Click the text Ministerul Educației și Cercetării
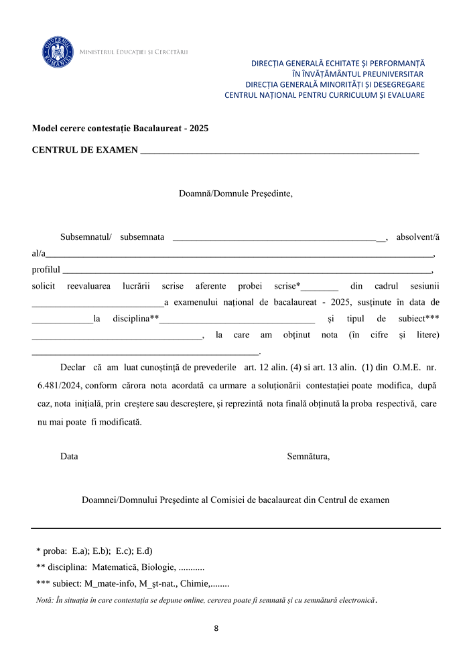click(134, 52)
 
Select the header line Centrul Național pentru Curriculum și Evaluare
click(324, 95)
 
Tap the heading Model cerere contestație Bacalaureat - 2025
click(121, 127)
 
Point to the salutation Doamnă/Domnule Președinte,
click(235, 194)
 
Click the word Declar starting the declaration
click(73, 368)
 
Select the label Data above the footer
click(69, 457)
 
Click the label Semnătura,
click(308, 457)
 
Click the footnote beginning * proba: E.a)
click(94, 551)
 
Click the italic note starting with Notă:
click(206, 600)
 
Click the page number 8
click(216, 629)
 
